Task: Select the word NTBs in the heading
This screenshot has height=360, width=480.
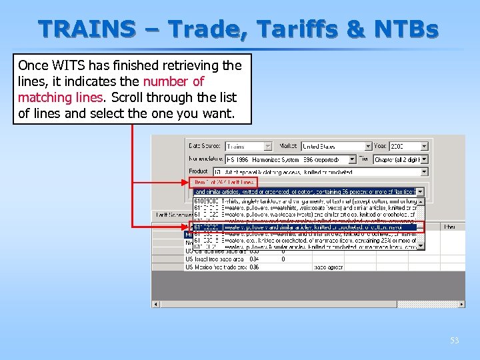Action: (x=411, y=29)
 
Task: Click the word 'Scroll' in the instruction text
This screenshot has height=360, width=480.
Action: (x=127, y=97)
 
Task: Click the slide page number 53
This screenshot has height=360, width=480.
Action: (x=454, y=341)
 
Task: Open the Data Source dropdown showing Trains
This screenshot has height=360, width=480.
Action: (x=249, y=146)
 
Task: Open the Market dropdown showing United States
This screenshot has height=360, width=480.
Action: (x=336, y=146)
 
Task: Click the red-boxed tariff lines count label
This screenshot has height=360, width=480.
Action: (x=223, y=182)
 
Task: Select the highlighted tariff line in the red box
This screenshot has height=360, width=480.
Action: (x=305, y=227)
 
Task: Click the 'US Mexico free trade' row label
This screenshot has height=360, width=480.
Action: (x=215, y=267)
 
